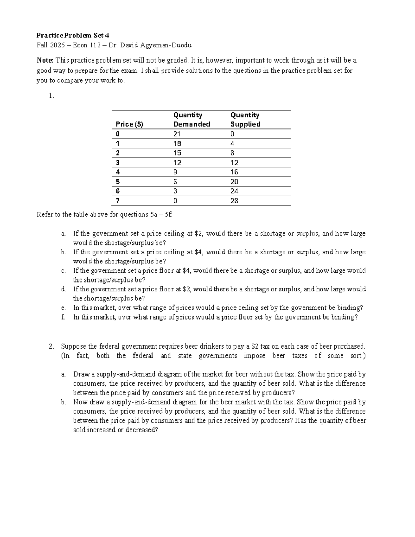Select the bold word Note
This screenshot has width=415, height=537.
pyautogui.click(x=45, y=61)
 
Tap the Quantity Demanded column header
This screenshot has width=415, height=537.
pyautogui.click(x=192, y=120)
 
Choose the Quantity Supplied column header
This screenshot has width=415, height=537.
pyautogui.click(x=245, y=120)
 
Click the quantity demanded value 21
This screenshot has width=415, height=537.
pyautogui.click(x=177, y=134)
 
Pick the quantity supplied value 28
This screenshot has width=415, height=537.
pyautogui.click(x=234, y=201)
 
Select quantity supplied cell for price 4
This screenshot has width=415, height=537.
pyautogui.click(x=234, y=172)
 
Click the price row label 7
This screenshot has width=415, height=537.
pyautogui.click(x=118, y=201)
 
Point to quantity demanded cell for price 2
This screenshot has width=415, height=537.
pyautogui.click(x=177, y=153)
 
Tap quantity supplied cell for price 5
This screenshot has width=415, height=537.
pyautogui.click(x=234, y=182)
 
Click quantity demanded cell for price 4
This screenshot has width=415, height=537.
pyautogui.click(x=175, y=172)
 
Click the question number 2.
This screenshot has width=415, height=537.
pyautogui.click(x=51, y=346)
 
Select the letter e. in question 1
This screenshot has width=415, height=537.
pyautogui.click(x=63, y=308)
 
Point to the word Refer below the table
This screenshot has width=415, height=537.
pyautogui.click(x=45, y=215)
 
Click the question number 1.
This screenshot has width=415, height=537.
pyautogui.click(x=51, y=96)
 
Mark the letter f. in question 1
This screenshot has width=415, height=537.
pyautogui.click(x=63, y=317)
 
